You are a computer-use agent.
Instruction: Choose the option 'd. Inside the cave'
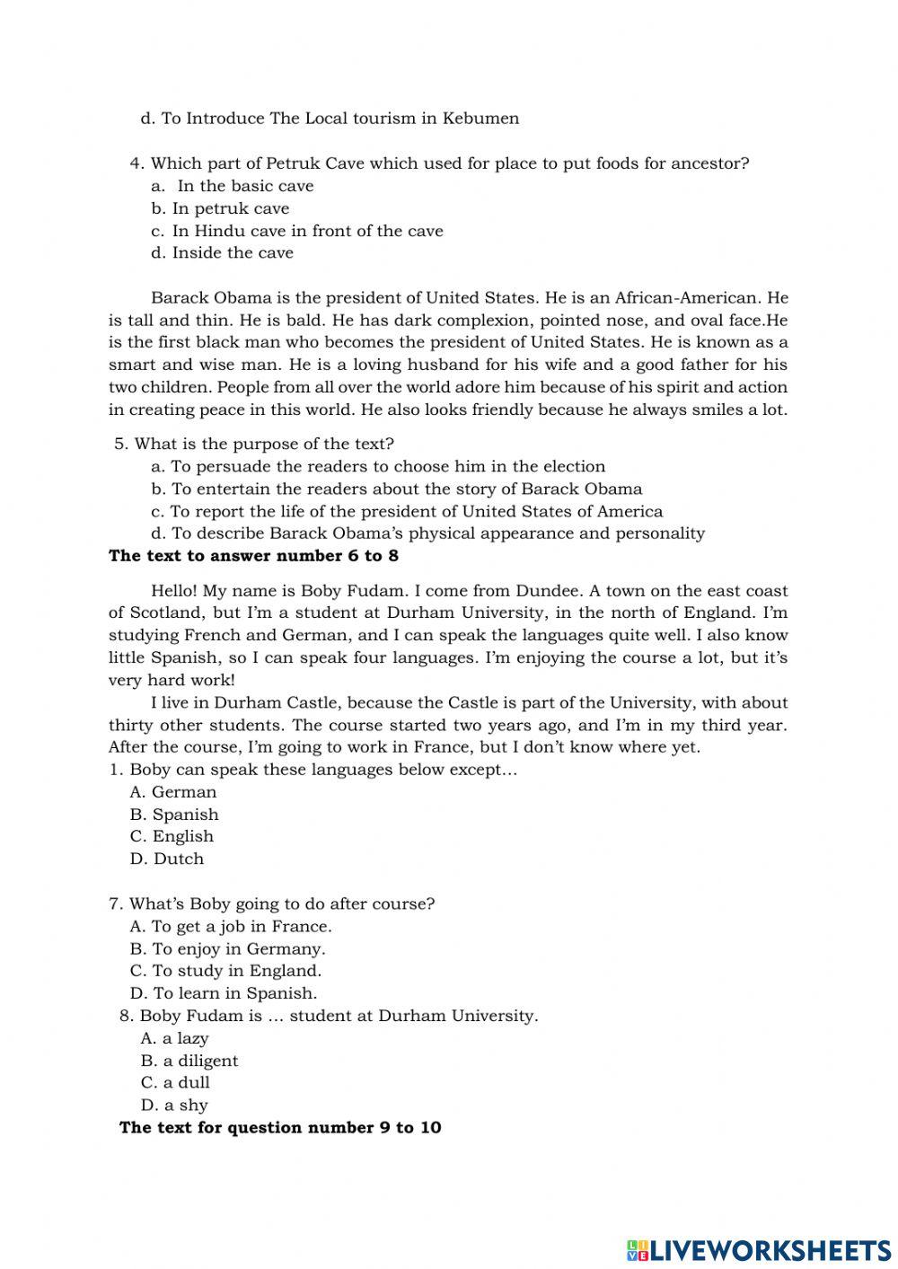pos(222,253)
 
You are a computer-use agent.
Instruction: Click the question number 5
pos(120,445)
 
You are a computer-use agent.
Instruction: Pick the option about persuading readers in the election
pos(378,467)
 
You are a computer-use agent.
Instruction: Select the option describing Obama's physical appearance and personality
pos(427,533)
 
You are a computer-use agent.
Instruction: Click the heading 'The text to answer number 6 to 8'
pos(253,556)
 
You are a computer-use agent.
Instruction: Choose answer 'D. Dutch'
pos(167,859)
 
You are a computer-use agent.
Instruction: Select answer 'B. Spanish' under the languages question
pos(174,815)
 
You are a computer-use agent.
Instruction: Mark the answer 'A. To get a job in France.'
pos(231,927)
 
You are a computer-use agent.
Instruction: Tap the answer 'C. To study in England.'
pos(225,971)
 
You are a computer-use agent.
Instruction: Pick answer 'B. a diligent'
pos(189,1061)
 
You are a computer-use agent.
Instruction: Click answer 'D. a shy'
pos(174,1106)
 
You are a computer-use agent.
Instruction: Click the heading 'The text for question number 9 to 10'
pos(280,1128)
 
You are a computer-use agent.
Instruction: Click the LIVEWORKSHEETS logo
pos(759,1249)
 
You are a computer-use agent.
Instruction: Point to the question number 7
pos(115,904)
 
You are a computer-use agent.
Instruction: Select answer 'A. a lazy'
pos(174,1038)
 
